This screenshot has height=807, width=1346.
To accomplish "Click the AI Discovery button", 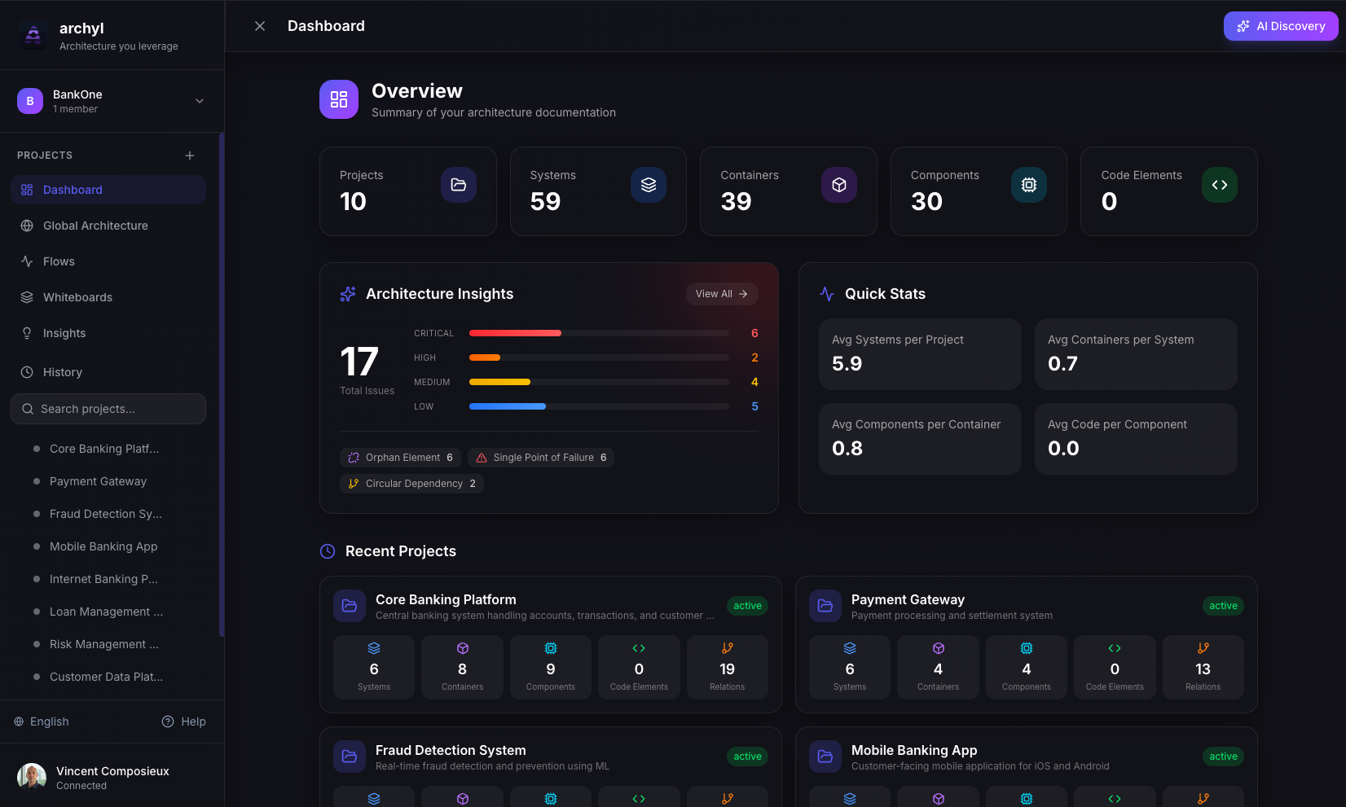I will tap(1280, 26).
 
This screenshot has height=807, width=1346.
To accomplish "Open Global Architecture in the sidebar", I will tap(95, 226).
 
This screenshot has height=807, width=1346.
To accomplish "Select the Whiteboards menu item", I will tap(77, 297).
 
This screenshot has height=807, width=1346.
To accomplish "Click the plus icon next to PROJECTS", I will tap(190, 156).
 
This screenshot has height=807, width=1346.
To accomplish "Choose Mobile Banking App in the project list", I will tap(103, 546).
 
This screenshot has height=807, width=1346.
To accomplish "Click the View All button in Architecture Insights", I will tap(721, 294).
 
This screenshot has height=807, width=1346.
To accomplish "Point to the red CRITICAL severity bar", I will tap(515, 333).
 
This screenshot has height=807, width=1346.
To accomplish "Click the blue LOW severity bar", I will tap(507, 406).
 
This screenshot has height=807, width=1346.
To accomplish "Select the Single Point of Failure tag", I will tap(541, 458).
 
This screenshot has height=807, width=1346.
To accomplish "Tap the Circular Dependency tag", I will tap(411, 484).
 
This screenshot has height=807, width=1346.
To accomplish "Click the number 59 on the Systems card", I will tap(545, 201).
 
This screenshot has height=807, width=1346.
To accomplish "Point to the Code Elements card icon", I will tap(1219, 185).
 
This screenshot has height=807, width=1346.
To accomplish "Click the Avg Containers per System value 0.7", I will tap(1062, 364).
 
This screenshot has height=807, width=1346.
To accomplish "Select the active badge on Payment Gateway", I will tap(1222, 606).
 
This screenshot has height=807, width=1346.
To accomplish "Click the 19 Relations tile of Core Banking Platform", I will tap(727, 668).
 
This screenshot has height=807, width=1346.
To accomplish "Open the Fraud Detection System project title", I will tap(451, 750).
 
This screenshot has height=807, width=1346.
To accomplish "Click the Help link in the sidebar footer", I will tap(184, 721).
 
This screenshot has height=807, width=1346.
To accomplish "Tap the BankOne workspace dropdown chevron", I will tap(200, 101).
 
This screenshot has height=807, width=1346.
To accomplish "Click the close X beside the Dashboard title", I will tap(260, 26).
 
